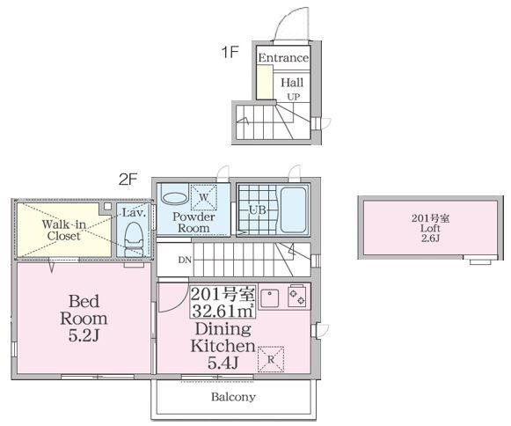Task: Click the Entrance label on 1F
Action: coord(283,58)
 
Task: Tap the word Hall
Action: coord(292,82)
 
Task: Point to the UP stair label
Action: coord(293,97)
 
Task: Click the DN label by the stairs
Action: coord(185,260)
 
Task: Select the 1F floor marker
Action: coord(230,52)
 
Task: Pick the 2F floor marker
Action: coord(128,179)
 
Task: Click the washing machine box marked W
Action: coord(204,197)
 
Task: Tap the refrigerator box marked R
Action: coord(271,359)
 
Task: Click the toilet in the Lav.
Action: coord(134,239)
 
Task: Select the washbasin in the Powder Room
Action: coord(175,198)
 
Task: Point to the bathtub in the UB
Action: coord(293,209)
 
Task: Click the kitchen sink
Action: coord(269,297)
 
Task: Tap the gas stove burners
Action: coord(297,296)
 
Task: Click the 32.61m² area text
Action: coord(223,311)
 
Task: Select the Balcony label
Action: coord(233,397)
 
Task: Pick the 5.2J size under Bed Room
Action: coord(84,335)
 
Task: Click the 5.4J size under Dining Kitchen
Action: coord(223,362)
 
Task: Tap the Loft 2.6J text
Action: coord(430,233)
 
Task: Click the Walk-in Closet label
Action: coord(64,230)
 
